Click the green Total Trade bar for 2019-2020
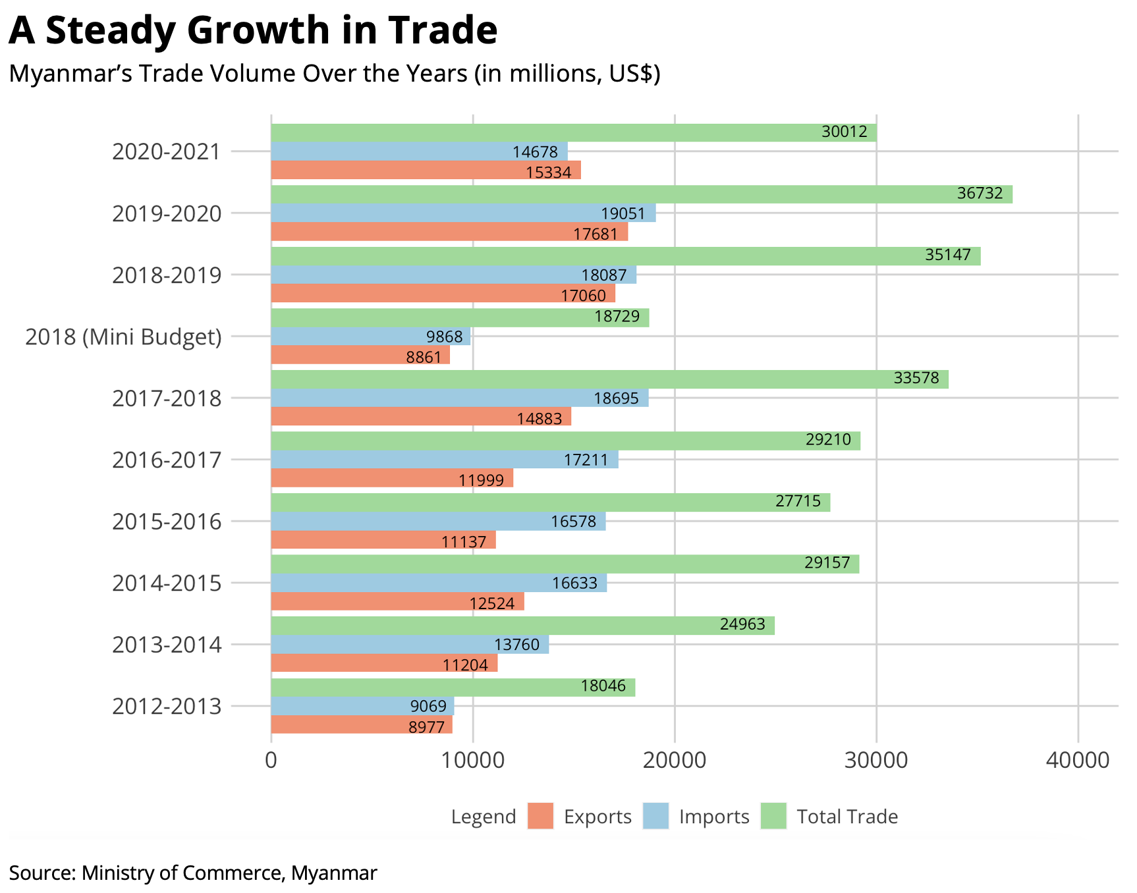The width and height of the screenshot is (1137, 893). [641, 194]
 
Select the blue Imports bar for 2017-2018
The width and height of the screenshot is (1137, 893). [459, 398]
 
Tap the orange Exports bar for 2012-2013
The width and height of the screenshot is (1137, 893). [361, 724]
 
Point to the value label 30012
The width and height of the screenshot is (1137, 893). [845, 132]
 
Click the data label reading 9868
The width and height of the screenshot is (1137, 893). [444, 337]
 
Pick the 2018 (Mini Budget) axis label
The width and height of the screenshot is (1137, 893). [123, 337]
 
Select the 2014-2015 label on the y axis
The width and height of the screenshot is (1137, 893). [167, 583]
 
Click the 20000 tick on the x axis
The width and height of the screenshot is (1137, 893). [674, 760]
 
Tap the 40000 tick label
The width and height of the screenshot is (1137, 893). [1078, 760]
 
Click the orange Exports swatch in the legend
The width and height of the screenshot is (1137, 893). [540, 817]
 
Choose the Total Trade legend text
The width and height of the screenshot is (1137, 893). [847, 817]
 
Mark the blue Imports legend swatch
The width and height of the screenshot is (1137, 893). [655, 817]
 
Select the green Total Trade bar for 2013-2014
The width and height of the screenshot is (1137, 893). [522, 626]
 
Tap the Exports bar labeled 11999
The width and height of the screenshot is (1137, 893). [391, 478]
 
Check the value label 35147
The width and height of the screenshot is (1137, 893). [947, 255]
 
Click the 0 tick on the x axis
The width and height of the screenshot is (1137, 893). [271, 760]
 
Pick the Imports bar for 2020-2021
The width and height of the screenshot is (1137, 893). [419, 151]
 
